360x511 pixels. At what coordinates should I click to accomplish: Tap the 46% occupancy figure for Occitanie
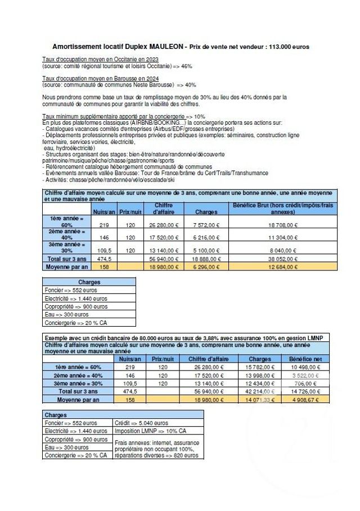pyautogui.click(x=186, y=66)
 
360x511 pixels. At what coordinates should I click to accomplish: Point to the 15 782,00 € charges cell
pyautogui.click(x=260, y=367)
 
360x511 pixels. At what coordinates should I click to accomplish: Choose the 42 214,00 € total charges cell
pyautogui.click(x=260, y=391)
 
